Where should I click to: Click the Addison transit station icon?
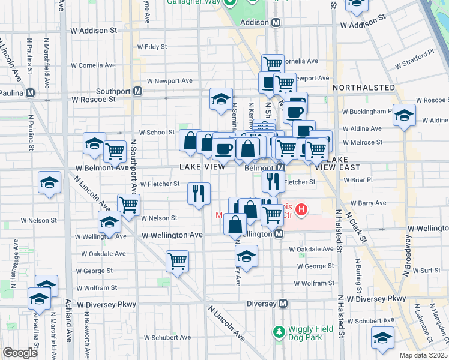[x=276, y=22]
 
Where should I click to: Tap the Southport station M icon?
[x=138, y=91]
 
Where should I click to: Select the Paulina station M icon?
[x=30, y=93]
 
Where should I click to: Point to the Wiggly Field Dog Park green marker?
[x=278, y=331]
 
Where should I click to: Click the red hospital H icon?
[x=302, y=210]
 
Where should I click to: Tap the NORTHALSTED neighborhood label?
[x=363, y=88]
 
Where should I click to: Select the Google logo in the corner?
[x=20, y=353]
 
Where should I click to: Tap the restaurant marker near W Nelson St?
[x=199, y=193]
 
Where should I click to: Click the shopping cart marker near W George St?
[x=177, y=261]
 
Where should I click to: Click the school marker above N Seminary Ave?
[x=221, y=98]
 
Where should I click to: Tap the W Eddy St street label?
[x=152, y=46]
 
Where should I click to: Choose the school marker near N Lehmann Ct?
[x=382, y=337]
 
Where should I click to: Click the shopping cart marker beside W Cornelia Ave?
[x=273, y=64]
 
